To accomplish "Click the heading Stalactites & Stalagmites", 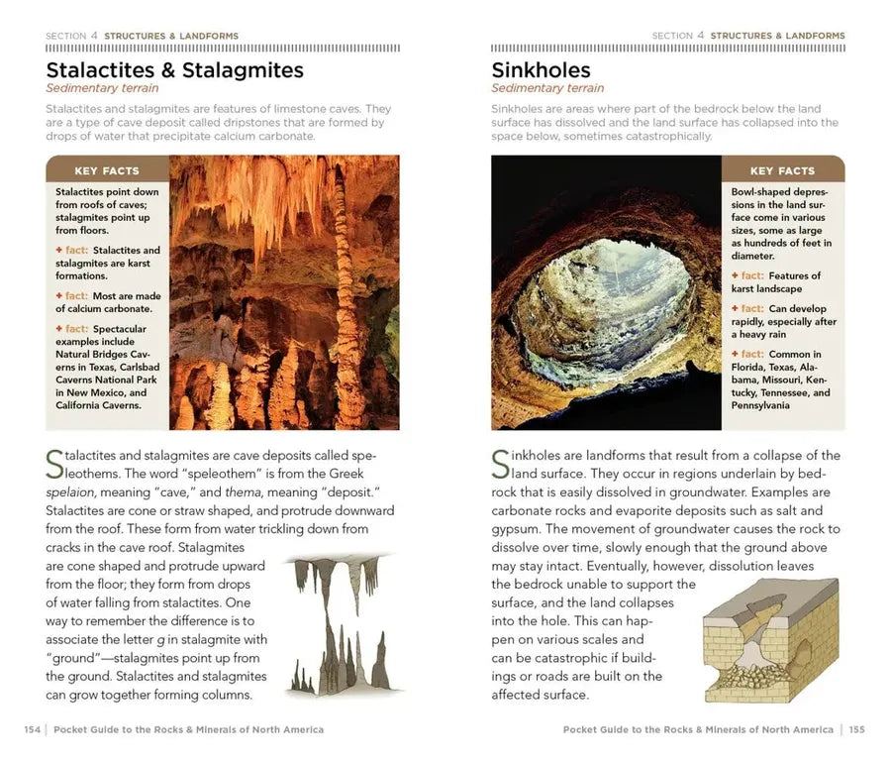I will tap(174, 70).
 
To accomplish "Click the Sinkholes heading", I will tap(541, 70).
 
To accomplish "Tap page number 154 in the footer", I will tap(32, 730).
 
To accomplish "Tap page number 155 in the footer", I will tap(856, 730).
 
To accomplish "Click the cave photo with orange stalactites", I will tap(284, 292).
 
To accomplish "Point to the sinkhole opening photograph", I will tap(606, 292).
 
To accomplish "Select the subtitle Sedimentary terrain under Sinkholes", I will tap(541, 88).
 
